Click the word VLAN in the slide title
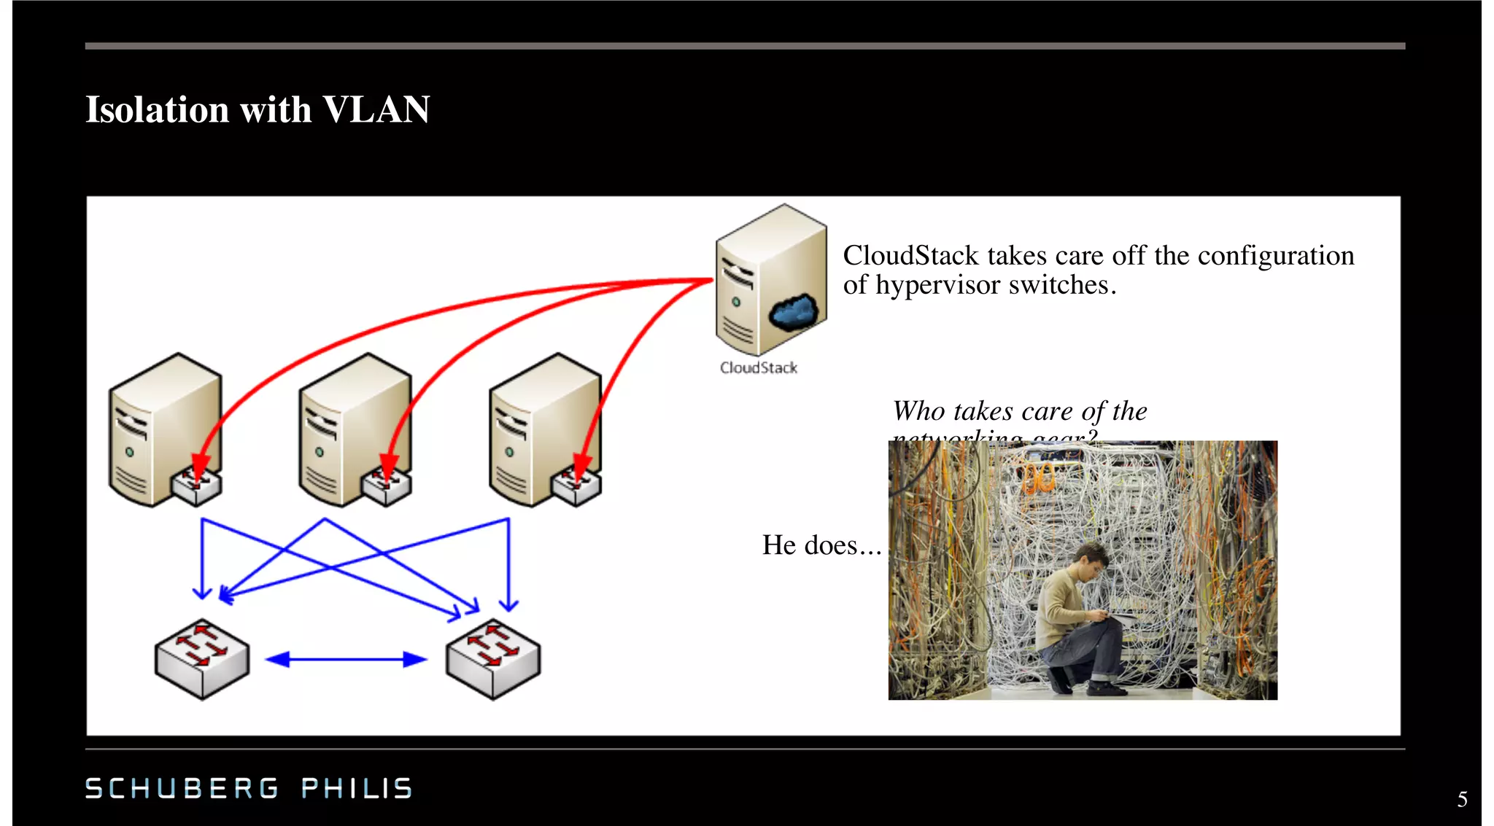pyautogui.click(x=376, y=110)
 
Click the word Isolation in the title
pyautogui.click(x=158, y=110)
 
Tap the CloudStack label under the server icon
pyautogui.click(x=758, y=368)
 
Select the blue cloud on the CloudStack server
pyautogui.click(x=793, y=311)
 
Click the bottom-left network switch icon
pyautogui.click(x=202, y=658)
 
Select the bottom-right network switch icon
pyautogui.click(x=493, y=658)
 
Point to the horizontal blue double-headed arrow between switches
pyautogui.click(x=346, y=660)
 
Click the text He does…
pyautogui.click(x=821, y=545)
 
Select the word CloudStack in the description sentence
pyautogui.click(x=910, y=256)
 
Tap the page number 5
pyautogui.click(x=1462, y=800)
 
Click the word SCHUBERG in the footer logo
pyautogui.click(x=182, y=788)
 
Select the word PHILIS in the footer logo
pyautogui.click(x=357, y=788)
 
